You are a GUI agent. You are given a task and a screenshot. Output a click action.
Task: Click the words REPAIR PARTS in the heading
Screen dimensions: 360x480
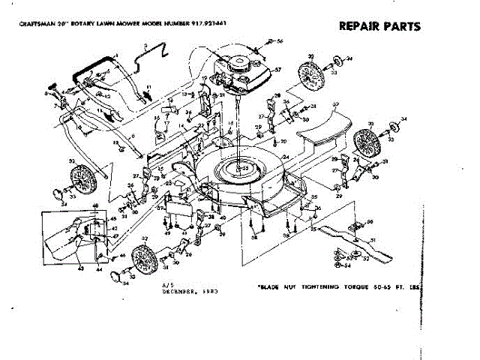[x=379, y=26]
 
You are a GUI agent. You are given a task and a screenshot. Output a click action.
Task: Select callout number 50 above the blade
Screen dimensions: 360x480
[x=369, y=223]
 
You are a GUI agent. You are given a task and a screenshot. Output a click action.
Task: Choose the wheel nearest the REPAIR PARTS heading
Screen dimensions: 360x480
[x=309, y=74]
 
